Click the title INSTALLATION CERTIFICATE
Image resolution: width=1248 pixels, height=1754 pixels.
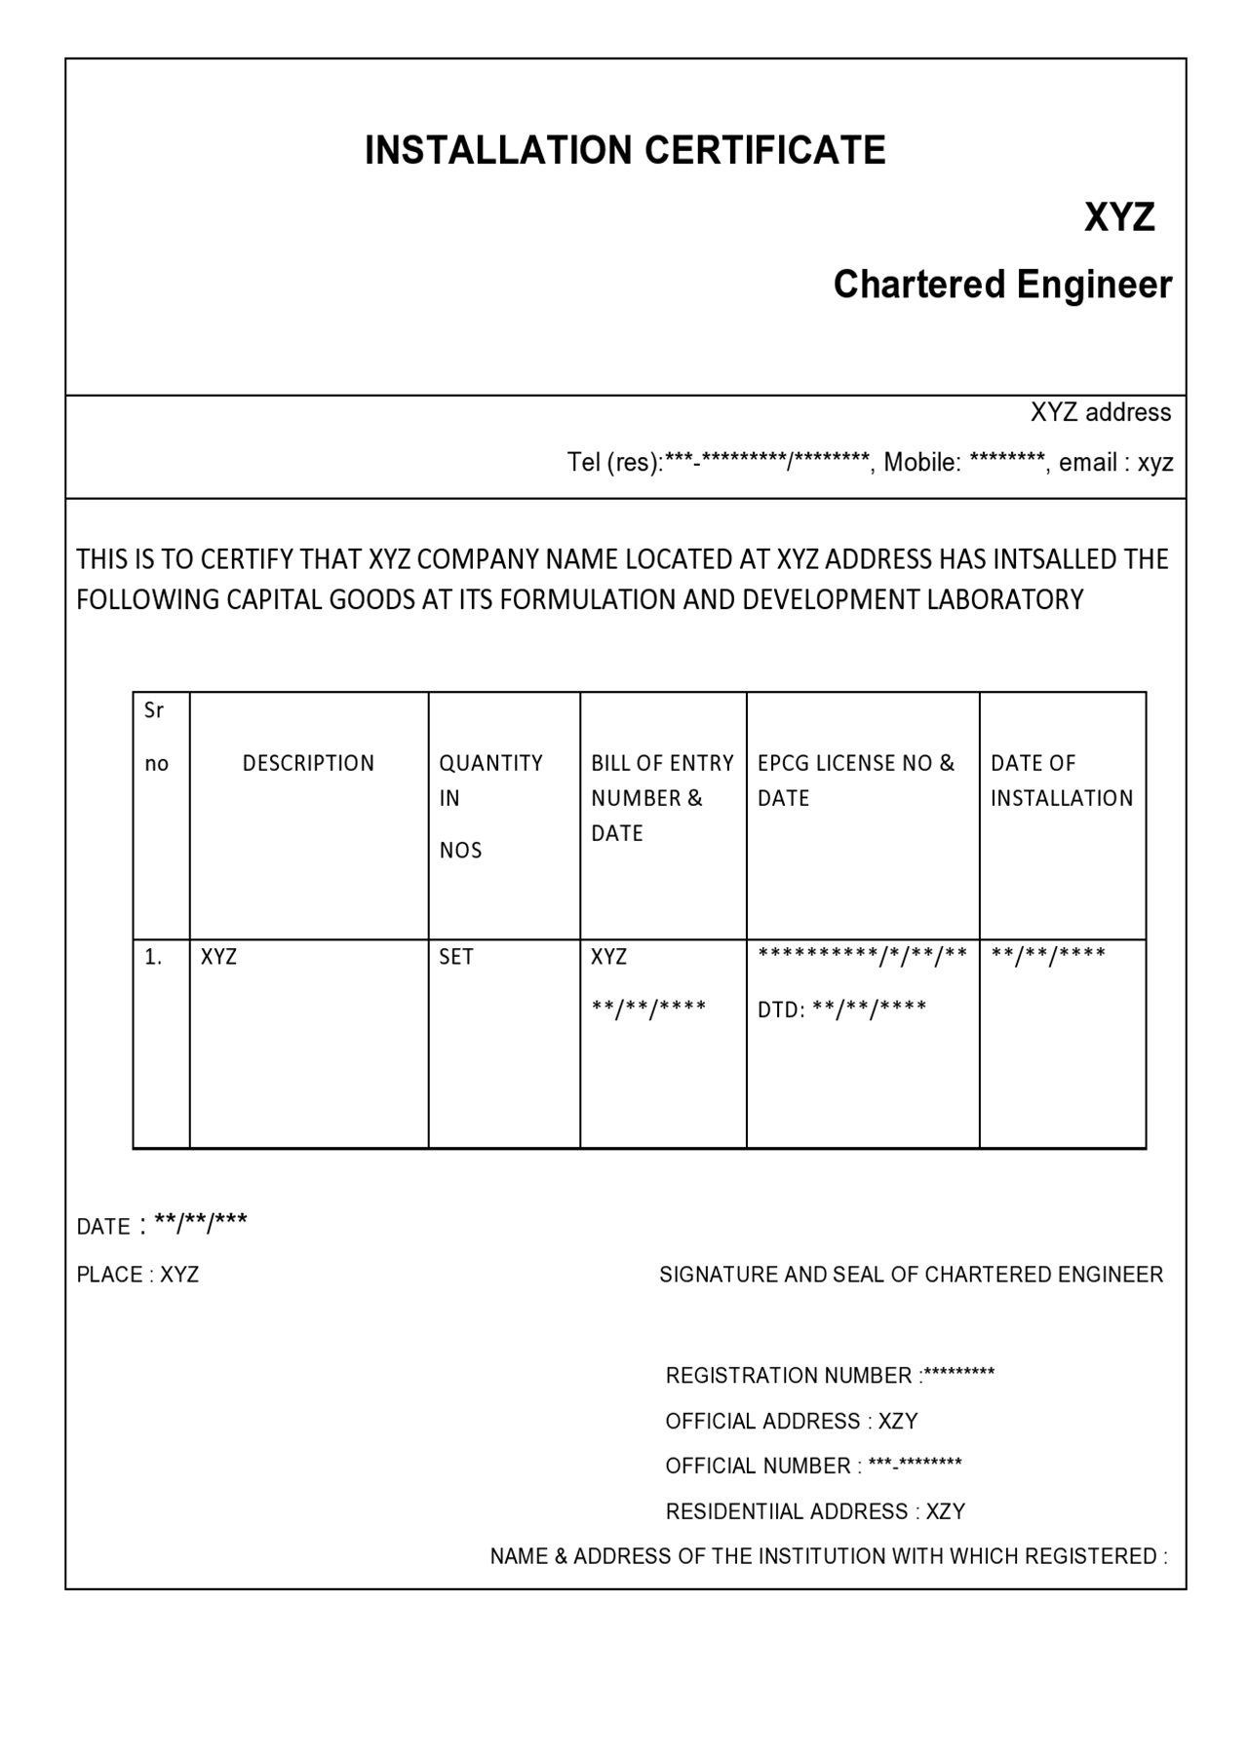625,151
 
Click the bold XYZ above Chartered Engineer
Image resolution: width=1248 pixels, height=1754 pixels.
1118,217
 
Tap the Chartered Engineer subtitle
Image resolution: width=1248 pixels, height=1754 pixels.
1001,285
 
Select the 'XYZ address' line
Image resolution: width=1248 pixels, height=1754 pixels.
1100,413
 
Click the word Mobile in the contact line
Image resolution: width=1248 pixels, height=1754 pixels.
921,463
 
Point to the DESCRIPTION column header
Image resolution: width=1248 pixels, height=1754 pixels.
308,764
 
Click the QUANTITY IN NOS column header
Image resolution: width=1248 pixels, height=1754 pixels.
490,799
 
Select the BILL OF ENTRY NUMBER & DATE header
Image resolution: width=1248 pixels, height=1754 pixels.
661,798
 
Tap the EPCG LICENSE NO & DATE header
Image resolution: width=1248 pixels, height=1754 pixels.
855,781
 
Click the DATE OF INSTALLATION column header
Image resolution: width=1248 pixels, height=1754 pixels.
1061,781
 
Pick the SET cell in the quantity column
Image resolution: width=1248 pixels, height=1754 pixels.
455,957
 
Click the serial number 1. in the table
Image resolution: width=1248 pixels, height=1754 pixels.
153,957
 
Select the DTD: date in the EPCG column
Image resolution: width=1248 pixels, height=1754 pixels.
841,1010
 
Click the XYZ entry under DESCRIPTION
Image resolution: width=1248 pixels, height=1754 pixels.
218,957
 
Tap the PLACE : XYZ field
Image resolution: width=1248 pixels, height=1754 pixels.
137,1275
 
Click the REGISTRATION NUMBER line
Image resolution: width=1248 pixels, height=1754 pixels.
830,1376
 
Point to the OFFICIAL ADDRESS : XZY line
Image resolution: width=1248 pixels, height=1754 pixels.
791,1422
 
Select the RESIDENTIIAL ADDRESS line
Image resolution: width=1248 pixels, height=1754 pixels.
815,1511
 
